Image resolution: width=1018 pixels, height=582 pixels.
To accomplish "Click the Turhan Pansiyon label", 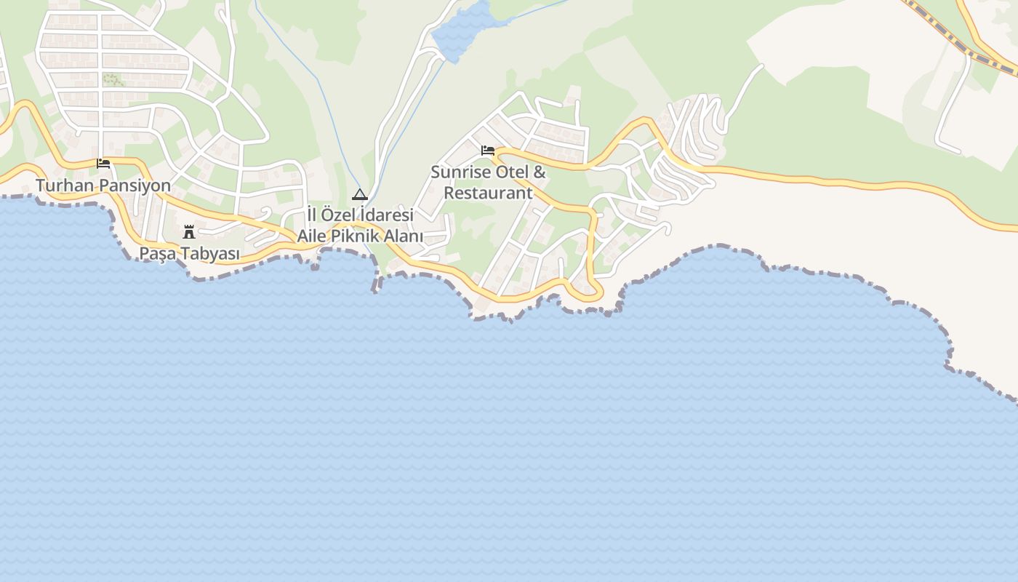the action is tap(103, 186).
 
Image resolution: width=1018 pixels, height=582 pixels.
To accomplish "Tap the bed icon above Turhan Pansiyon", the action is tap(103, 164).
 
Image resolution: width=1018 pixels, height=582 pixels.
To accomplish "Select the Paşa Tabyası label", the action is tap(189, 254).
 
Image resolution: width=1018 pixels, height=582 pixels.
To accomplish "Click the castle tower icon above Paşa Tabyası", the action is tap(189, 232).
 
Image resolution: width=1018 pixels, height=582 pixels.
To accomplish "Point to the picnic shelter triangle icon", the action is tap(359, 194).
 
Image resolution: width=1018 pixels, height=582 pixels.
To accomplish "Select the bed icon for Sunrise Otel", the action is tap(488, 151).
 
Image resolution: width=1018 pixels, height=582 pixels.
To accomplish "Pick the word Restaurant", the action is tap(488, 193).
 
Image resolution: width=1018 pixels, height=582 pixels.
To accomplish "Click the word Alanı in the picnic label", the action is tap(404, 236).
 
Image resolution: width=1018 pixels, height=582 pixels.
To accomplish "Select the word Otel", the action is tap(513, 172).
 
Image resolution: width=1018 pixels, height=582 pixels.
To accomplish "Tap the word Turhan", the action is tap(65, 186).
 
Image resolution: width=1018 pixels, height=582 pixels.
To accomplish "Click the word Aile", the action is tap(313, 236).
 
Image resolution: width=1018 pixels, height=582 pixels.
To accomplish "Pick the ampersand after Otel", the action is tap(540, 172).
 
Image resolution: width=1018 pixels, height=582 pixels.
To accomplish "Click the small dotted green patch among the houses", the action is tap(113, 79).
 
